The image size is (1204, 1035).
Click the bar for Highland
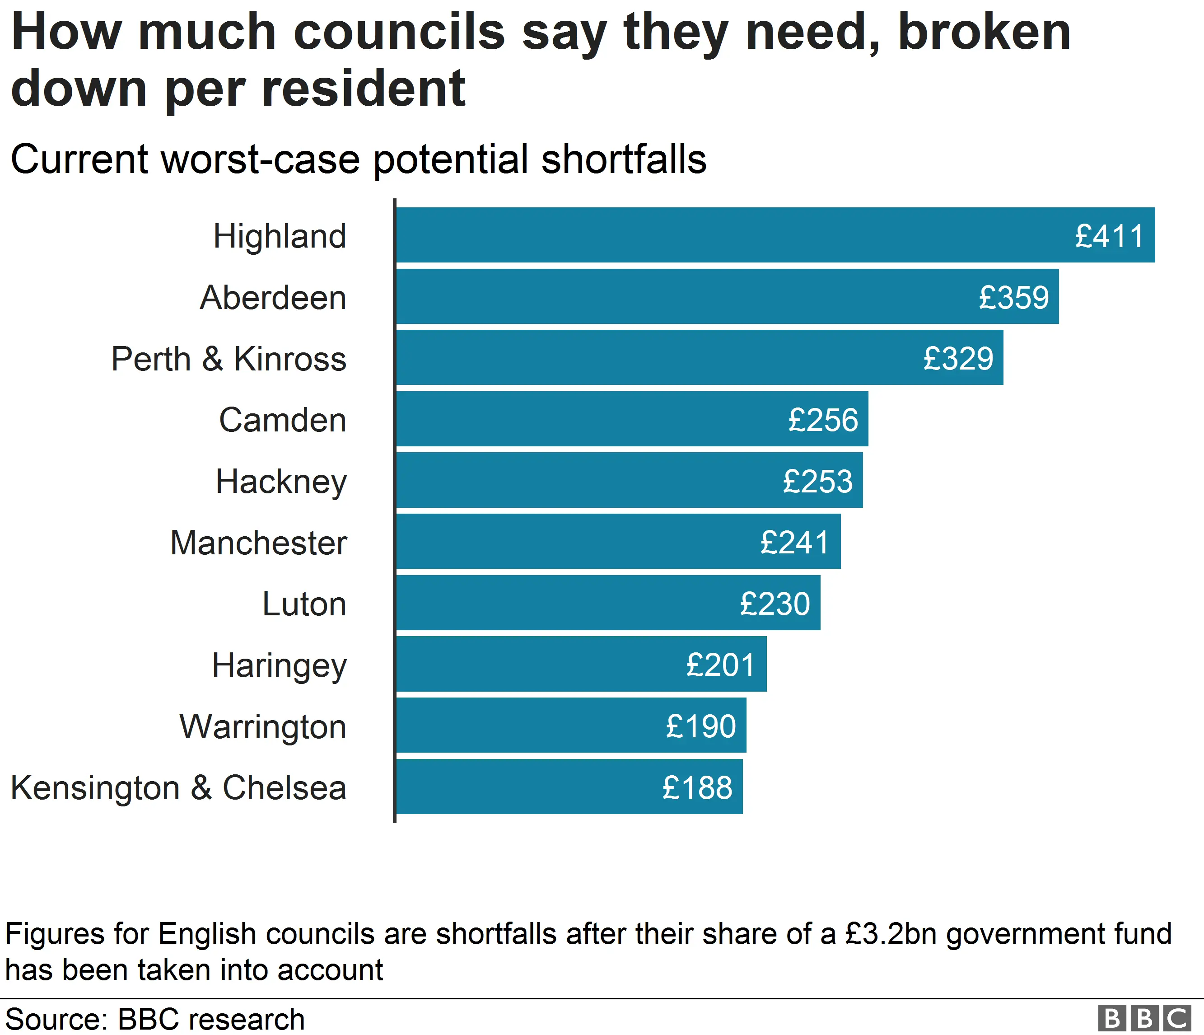pyautogui.click(x=775, y=235)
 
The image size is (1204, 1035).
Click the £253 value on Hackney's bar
pyautogui.click(x=817, y=481)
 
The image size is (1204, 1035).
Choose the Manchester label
pyautogui.click(x=259, y=543)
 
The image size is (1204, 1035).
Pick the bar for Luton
pyautogui.click(x=608, y=603)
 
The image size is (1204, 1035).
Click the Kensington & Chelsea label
pyautogui.click(x=178, y=788)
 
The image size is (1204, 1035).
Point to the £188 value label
pyautogui.click(x=697, y=788)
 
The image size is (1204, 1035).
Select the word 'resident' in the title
pyautogui.click(x=364, y=89)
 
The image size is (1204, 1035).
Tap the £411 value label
pyautogui.click(x=1109, y=236)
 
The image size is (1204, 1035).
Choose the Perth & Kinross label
pyautogui.click(x=229, y=359)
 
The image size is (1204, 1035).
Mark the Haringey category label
pyautogui.click(x=279, y=665)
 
